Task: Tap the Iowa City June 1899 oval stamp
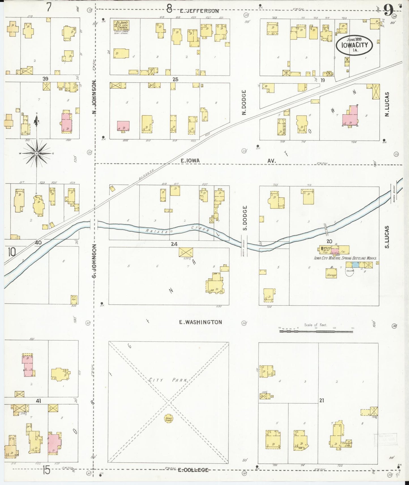click(354, 45)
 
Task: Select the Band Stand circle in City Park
click(168, 419)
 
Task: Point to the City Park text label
click(168, 380)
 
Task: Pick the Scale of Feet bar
click(316, 331)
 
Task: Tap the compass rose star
click(37, 153)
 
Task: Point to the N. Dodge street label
click(244, 102)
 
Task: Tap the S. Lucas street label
click(387, 237)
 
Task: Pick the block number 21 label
click(322, 400)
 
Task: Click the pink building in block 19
click(350, 117)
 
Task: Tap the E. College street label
click(193, 470)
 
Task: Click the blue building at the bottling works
click(356, 265)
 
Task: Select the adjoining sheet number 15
click(46, 470)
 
